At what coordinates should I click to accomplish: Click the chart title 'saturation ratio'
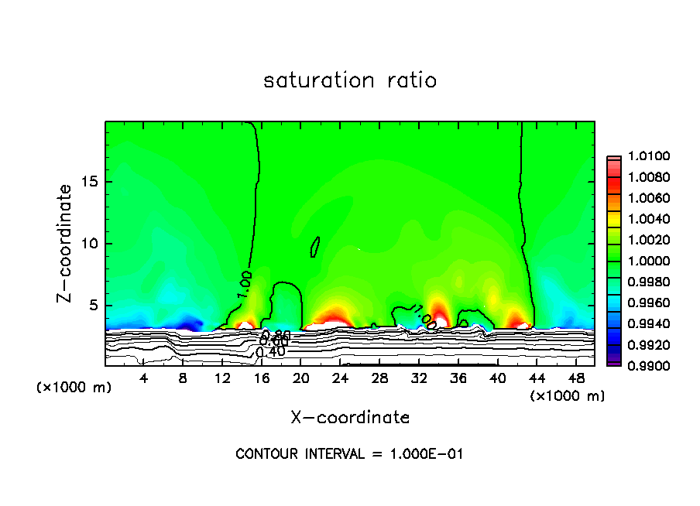[x=350, y=80]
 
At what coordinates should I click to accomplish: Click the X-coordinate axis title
[x=350, y=417]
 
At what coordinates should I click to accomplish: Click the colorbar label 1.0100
[x=644, y=157]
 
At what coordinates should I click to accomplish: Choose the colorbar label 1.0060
[x=644, y=199]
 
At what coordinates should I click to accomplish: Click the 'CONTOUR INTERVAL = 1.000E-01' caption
[x=349, y=454]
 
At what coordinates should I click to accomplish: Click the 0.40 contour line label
[x=270, y=352]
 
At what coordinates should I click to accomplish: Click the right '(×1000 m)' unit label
[x=568, y=396]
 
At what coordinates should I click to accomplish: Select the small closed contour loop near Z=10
[x=315, y=246]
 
